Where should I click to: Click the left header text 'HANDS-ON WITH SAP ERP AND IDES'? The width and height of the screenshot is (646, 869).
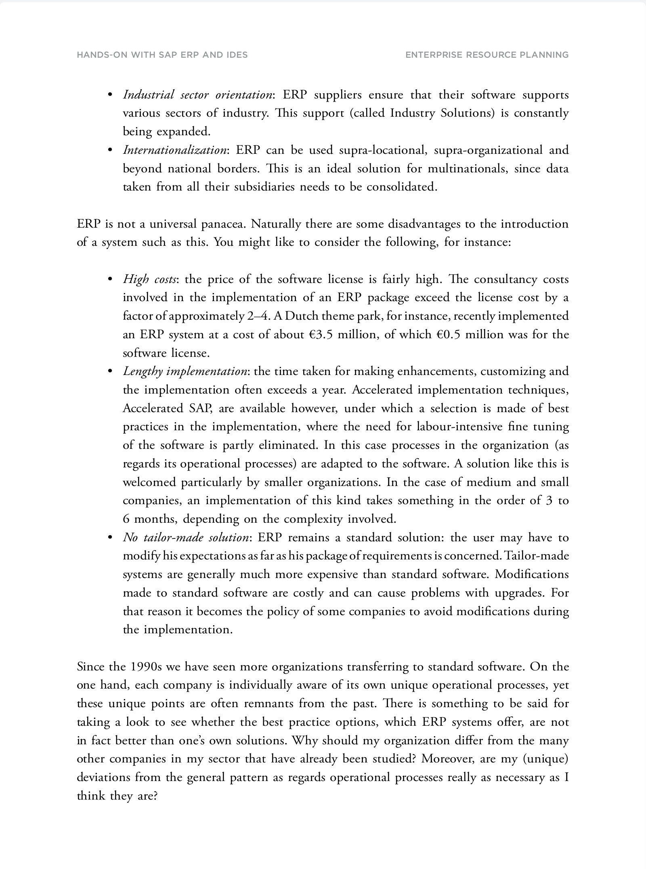(162, 55)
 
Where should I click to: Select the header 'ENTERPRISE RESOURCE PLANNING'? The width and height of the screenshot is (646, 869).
(487, 55)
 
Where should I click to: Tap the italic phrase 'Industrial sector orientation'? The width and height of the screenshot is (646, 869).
(197, 95)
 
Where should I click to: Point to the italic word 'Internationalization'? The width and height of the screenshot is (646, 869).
(174, 150)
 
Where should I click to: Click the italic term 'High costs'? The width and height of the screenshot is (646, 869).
(149, 279)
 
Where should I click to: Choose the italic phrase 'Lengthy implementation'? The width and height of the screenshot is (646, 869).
(185, 371)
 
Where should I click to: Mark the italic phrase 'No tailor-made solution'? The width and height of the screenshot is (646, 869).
(185, 538)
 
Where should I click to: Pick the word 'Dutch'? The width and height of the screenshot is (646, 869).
(302, 316)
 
